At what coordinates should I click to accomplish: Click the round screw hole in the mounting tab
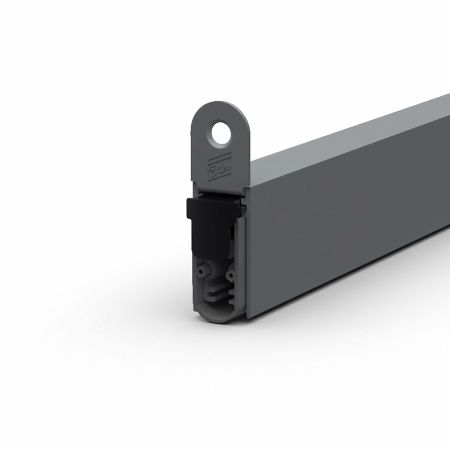tap(220, 134)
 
